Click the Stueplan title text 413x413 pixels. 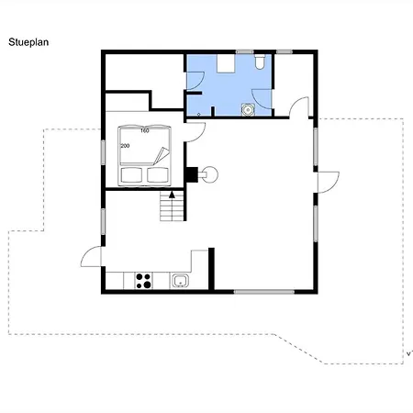pyautogui.click(x=28, y=42)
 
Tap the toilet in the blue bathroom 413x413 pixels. pyautogui.click(x=260, y=61)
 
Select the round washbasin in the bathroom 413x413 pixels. pyautogui.click(x=248, y=109)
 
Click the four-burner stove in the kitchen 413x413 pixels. pyautogui.click(x=143, y=281)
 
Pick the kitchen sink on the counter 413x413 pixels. pyautogui.click(x=181, y=281)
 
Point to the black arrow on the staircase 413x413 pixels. pyautogui.click(x=172, y=195)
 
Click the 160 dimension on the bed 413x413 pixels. pyautogui.click(x=145, y=130)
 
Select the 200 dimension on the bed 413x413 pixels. pyautogui.click(x=125, y=146)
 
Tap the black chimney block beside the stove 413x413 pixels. pyautogui.click(x=192, y=174)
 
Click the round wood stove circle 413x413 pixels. pyautogui.click(x=210, y=174)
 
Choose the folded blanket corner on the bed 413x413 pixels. pyautogui.click(x=162, y=155)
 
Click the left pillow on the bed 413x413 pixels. pyautogui.click(x=131, y=175)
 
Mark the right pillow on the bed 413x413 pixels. pyautogui.click(x=158, y=175)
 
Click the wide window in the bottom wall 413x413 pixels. pyautogui.click(x=264, y=292)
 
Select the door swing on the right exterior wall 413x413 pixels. pyautogui.click(x=329, y=183)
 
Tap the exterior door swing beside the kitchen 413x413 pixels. pyautogui.click(x=91, y=256)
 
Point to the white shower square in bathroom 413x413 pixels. pyautogui.click(x=226, y=63)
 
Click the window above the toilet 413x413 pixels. pyautogui.click(x=244, y=52)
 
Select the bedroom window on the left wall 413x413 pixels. pyautogui.click(x=103, y=152)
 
